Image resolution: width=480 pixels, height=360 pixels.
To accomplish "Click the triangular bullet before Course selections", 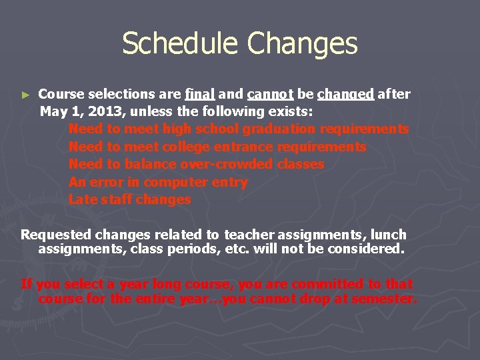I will [x=25, y=95].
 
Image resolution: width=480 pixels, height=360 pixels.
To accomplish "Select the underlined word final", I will [x=200, y=94].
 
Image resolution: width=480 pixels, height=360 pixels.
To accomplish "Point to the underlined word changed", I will [x=345, y=95].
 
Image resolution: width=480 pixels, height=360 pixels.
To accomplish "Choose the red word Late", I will [x=83, y=199].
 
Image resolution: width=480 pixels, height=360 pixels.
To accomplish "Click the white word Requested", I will [x=57, y=235].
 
